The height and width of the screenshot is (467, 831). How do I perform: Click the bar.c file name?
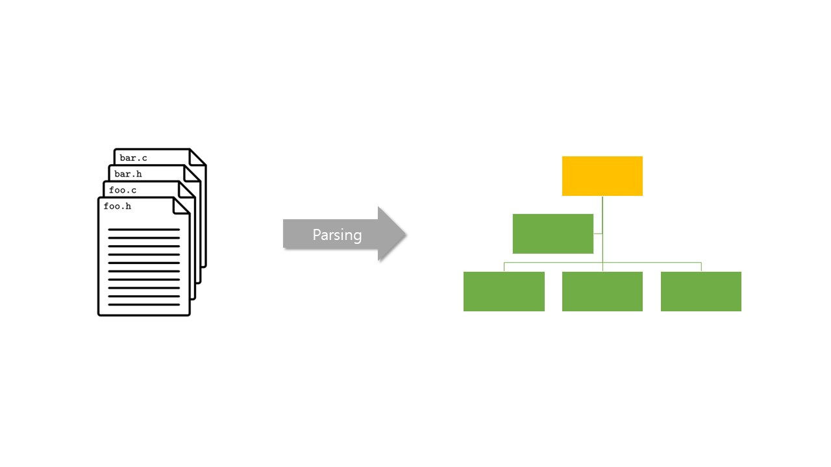pos(133,158)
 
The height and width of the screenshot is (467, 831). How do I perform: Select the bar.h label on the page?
pos(128,174)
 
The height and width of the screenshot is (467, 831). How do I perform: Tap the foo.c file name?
pos(123,190)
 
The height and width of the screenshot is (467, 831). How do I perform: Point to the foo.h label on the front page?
pos(118,206)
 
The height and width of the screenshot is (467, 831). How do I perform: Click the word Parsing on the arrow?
pos(337,235)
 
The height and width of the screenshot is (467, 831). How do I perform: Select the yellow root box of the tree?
pos(602,176)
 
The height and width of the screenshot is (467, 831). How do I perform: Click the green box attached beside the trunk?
pos(552,233)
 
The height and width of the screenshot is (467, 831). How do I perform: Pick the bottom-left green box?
pos(504,291)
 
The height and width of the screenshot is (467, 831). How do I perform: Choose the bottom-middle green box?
pos(602,291)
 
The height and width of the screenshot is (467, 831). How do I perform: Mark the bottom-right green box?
pos(701,291)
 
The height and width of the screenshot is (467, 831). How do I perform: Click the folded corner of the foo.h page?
pos(182,206)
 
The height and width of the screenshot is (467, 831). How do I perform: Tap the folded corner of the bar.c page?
pos(198,158)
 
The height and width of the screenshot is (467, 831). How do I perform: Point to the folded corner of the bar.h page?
pos(192,173)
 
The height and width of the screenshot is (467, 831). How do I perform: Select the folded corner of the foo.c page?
pos(188,189)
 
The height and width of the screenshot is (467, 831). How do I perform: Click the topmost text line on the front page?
pos(143,230)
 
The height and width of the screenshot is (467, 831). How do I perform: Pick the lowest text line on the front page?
pos(143,304)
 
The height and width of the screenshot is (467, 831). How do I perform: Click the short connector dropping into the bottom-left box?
pos(504,267)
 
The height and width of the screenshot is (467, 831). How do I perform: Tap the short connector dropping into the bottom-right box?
pos(701,267)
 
